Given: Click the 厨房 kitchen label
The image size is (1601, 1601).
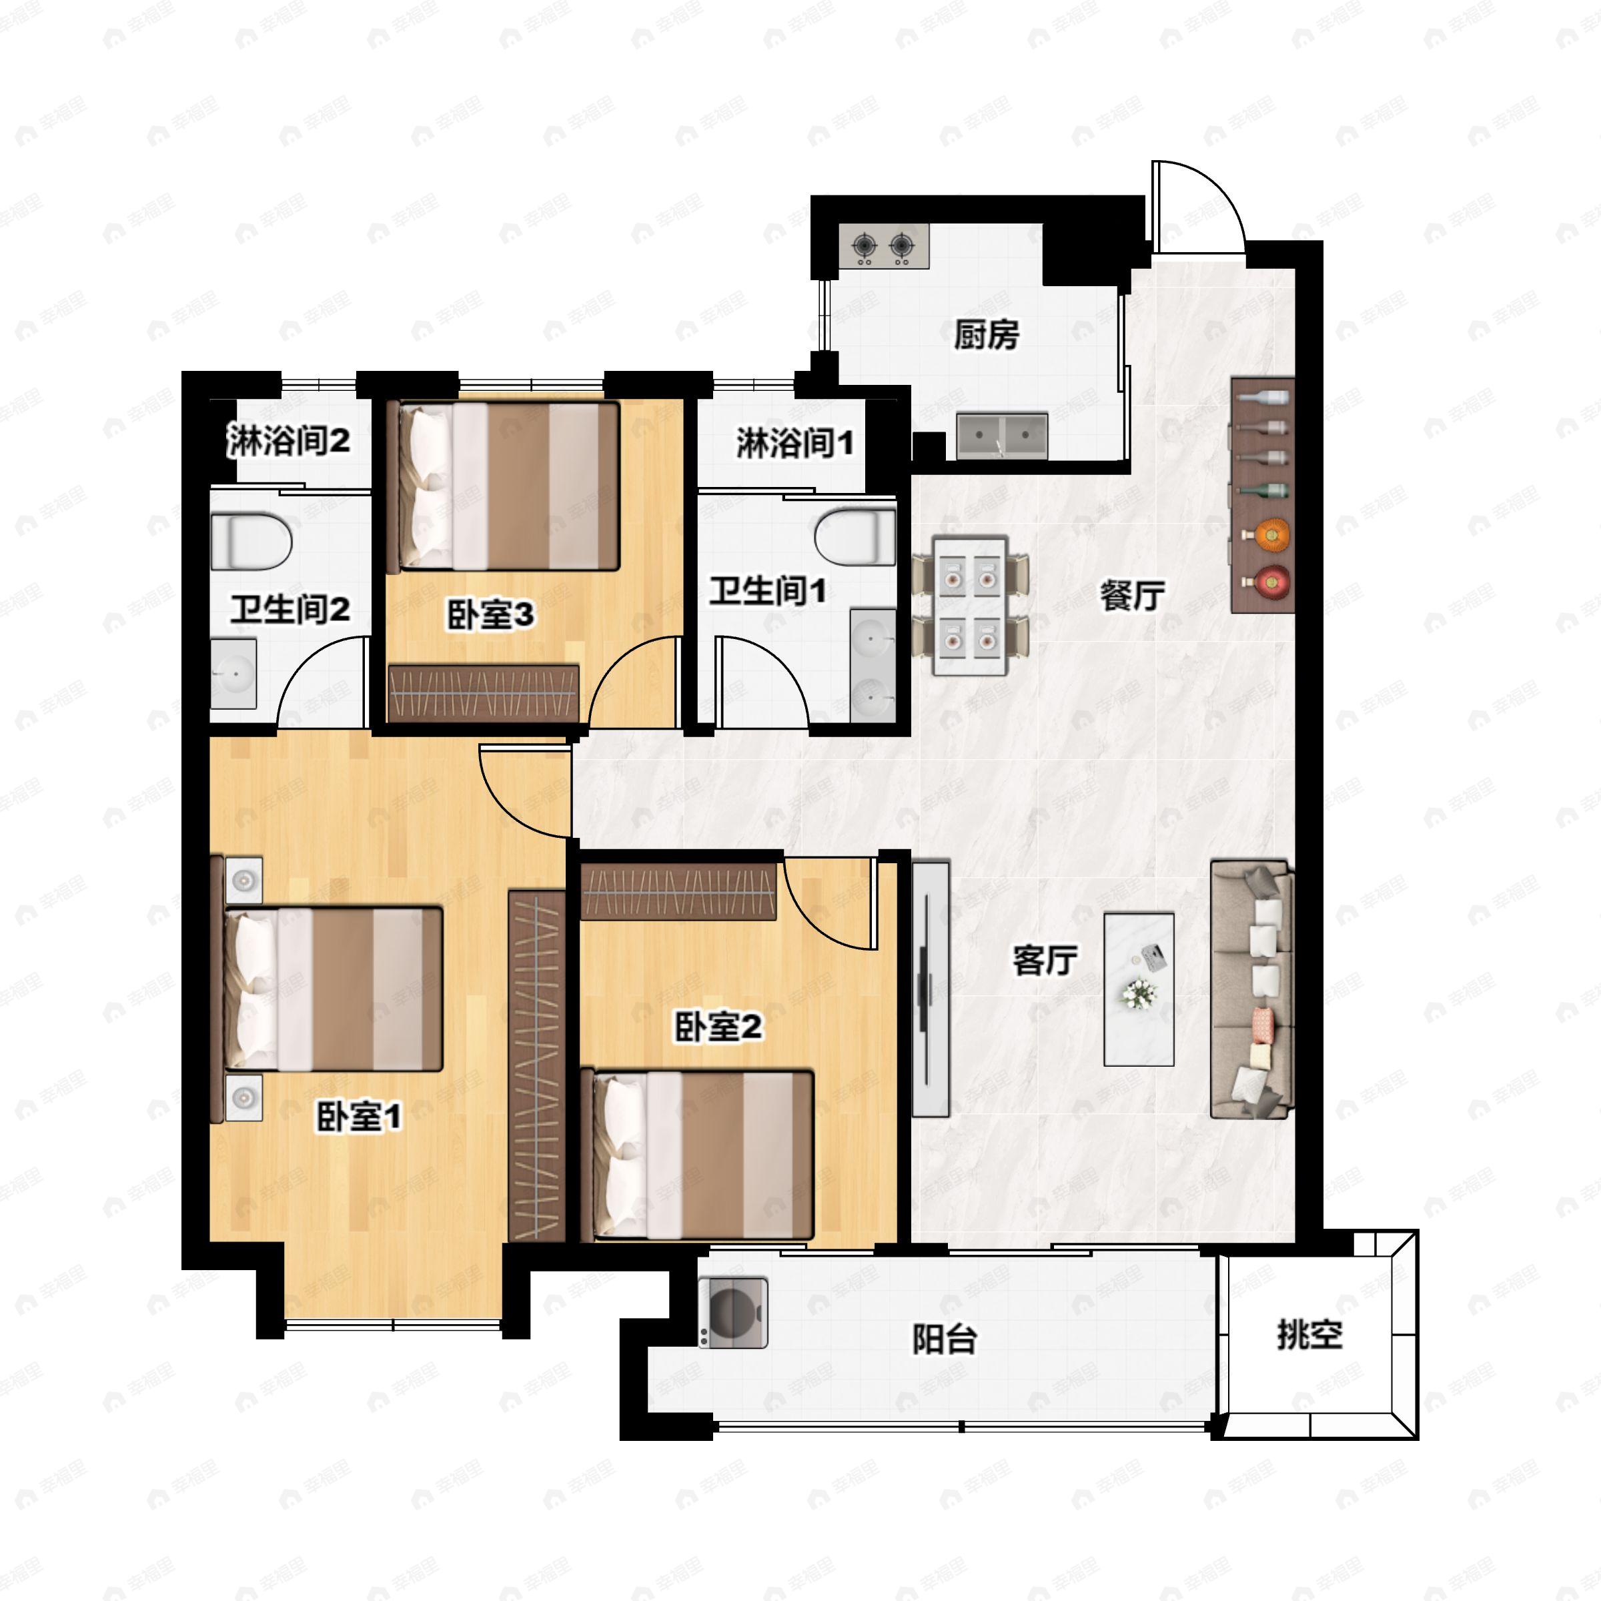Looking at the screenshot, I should pos(985,336).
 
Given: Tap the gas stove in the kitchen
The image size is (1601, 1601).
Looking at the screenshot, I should pos(883,245).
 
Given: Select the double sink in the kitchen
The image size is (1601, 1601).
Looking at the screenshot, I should pos(1002,437).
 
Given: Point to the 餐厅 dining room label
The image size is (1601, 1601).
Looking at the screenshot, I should pos(1132,595).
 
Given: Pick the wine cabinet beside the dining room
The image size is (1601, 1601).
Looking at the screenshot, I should pos(1262,495).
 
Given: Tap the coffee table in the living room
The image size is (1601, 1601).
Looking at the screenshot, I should pos(1139,989).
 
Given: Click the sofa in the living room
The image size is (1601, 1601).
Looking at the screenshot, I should pos(1251,989).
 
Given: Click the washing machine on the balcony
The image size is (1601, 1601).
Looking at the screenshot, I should pos(732,1313).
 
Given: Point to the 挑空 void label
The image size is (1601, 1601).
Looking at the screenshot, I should pos(1309,1335).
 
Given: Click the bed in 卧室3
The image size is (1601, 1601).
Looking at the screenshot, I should pos(508,486).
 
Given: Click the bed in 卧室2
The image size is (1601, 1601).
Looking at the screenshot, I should pos(697,1155).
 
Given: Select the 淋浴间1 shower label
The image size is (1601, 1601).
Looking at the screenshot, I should pos(794,444).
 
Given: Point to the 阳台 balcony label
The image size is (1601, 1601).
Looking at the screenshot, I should pos(944,1339).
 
